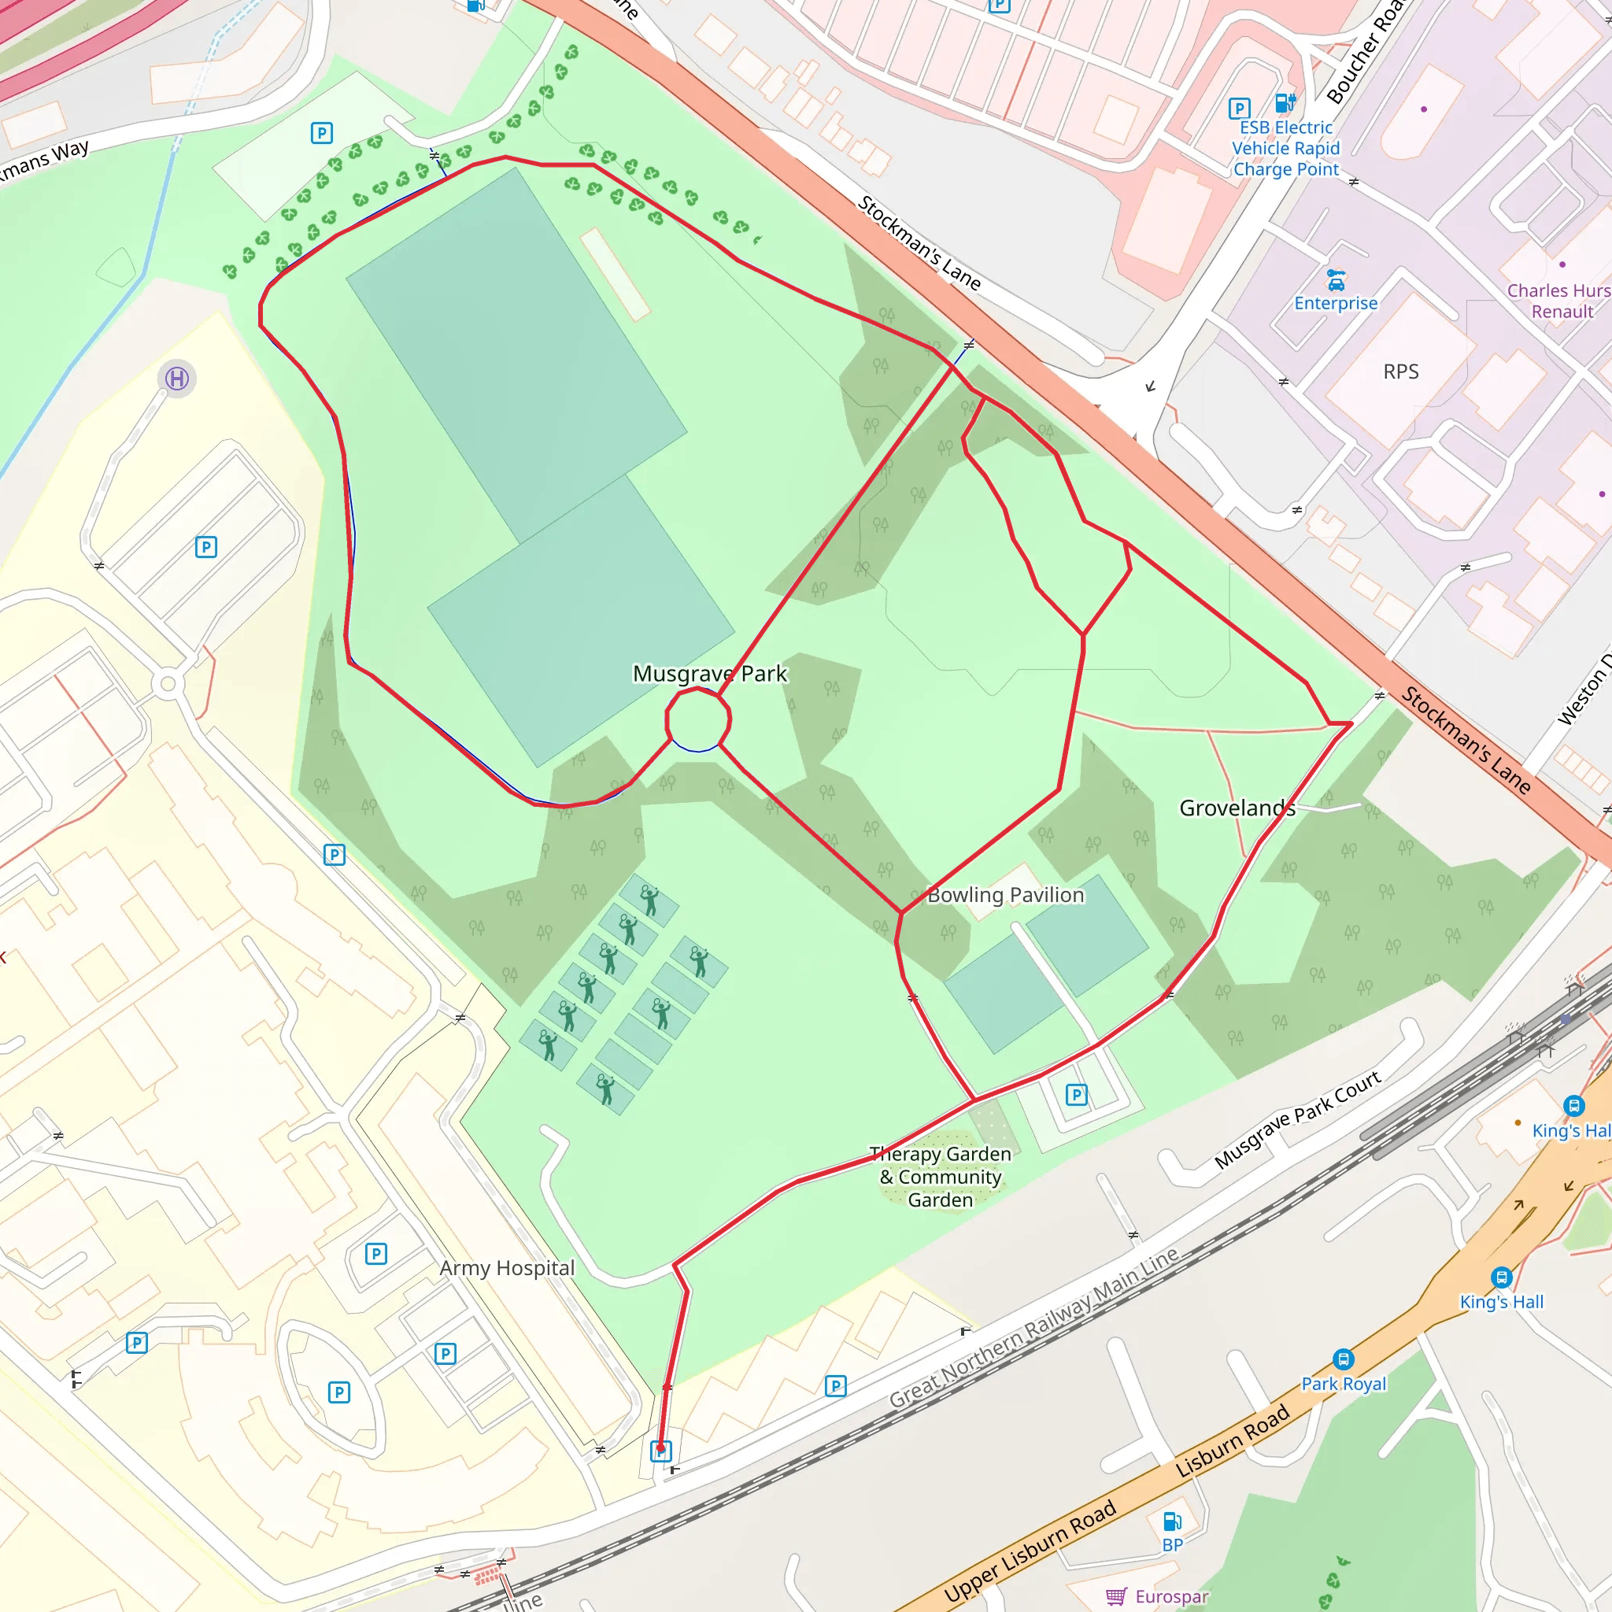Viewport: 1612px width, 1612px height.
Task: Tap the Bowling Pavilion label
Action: pyautogui.click(x=1005, y=894)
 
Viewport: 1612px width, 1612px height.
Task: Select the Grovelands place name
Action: pyautogui.click(x=1237, y=808)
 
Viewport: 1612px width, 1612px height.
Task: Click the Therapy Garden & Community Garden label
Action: pyautogui.click(x=941, y=1177)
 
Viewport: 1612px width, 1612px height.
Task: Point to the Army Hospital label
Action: pyautogui.click(x=508, y=1267)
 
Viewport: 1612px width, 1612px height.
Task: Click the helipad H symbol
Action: pyautogui.click(x=177, y=379)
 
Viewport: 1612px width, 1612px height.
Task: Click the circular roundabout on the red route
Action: pyautogui.click(x=698, y=719)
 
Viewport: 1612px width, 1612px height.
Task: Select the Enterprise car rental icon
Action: pyautogui.click(x=1336, y=279)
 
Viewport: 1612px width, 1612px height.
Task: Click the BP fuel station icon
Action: pyautogui.click(x=1172, y=1521)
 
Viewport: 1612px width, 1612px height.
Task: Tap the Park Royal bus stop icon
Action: pyautogui.click(x=1344, y=1359)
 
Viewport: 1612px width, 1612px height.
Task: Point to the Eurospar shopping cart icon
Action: pyautogui.click(x=1116, y=1596)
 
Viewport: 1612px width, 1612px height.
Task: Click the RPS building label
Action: pyautogui.click(x=1401, y=372)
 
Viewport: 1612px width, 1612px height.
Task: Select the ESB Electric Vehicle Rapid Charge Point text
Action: pyautogui.click(x=1286, y=149)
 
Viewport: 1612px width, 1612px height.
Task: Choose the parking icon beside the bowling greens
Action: pyautogui.click(x=1076, y=1094)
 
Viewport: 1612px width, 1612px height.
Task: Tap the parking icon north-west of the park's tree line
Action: pyautogui.click(x=322, y=133)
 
